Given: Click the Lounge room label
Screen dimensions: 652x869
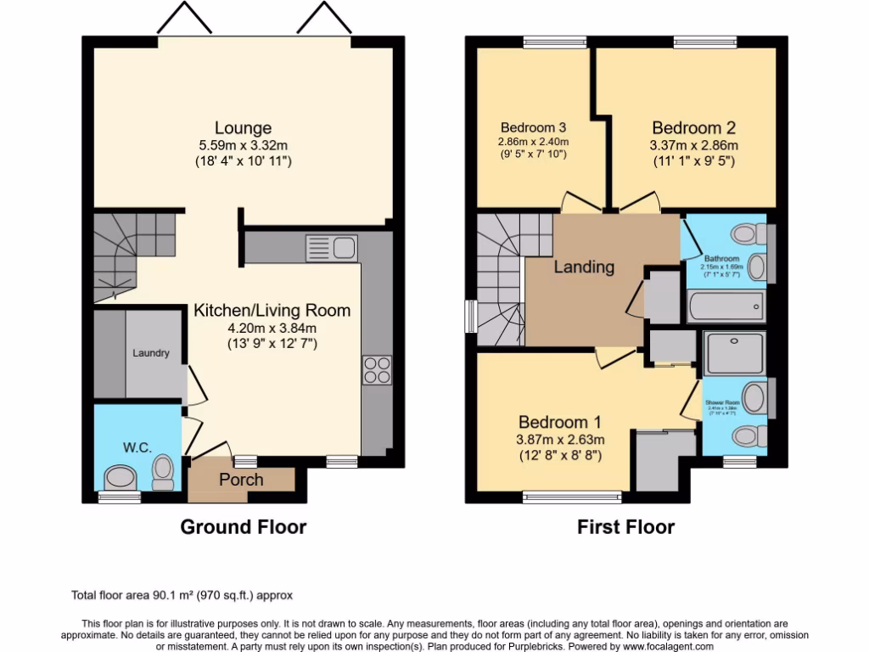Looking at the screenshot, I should point(243,128).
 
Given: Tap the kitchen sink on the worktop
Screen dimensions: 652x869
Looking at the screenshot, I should point(331,248).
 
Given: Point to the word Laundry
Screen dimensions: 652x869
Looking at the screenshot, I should point(151,353).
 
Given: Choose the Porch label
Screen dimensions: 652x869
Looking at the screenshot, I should point(241,480).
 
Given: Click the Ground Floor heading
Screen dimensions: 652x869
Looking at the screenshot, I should point(243,527).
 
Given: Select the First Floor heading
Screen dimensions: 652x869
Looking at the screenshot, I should point(625,527).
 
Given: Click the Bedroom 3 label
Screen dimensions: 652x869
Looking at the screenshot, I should point(533,128).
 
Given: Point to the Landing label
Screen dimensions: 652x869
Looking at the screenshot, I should point(584,267).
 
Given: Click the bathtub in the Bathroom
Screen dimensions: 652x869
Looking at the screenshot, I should point(726,306).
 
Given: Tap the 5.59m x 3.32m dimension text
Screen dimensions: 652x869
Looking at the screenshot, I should point(243,145).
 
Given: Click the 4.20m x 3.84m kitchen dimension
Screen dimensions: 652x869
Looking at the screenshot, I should point(272,329).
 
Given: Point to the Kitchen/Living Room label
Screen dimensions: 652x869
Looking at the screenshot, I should point(272,311).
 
